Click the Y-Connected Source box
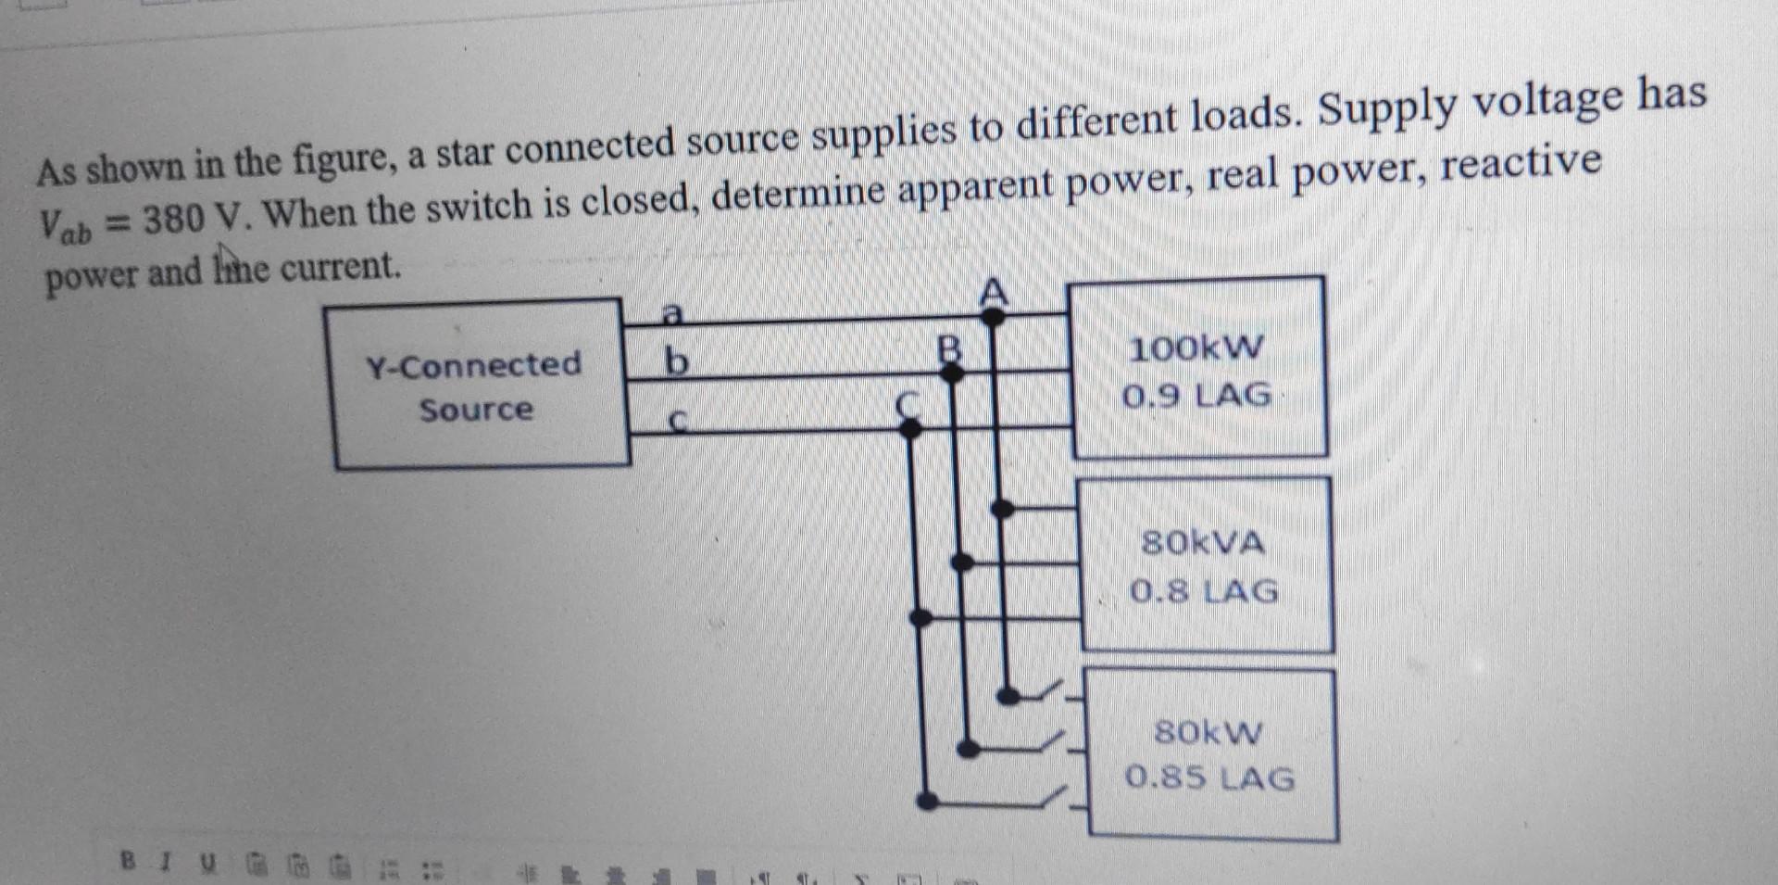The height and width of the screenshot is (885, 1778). (477, 386)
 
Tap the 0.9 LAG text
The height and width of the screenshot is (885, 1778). (1196, 397)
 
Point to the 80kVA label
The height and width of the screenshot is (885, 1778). (1203, 542)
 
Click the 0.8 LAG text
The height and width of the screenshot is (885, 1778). (1204, 590)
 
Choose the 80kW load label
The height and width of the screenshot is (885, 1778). (1208, 733)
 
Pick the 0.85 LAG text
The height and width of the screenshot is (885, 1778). (1209, 778)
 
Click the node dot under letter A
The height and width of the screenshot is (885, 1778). (993, 317)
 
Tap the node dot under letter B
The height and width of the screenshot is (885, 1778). (951, 373)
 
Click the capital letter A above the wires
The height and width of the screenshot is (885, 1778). (993, 293)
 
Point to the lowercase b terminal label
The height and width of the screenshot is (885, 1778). (677, 361)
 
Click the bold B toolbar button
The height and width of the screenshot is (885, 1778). (129, 862)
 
